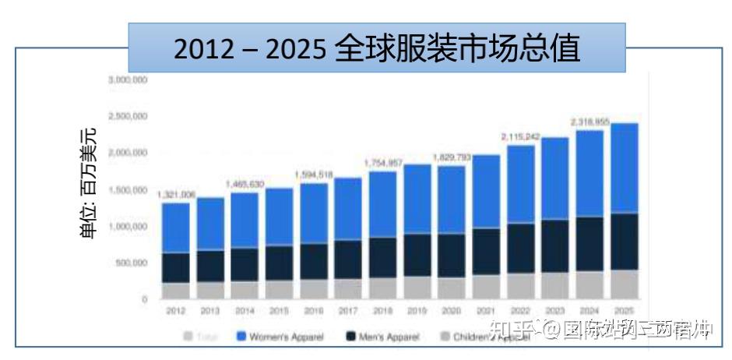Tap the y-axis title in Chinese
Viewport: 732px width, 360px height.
(90, 184)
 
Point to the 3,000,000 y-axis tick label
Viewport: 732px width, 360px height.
(128, 80)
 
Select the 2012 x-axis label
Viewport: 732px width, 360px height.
(176, 310)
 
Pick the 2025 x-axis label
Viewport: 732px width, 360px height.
(623, 310)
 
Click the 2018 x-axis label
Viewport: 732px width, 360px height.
(382, 310)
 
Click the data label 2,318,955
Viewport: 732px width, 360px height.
(590, 122)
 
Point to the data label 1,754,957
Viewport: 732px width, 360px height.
(383, 163)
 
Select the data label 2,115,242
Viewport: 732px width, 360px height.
(521, 136)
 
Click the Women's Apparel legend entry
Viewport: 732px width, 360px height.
(269, 337)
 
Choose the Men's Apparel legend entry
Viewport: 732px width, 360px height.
(377, 337)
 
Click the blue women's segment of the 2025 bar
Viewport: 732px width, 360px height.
(622, 168)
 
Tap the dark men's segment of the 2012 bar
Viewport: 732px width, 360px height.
(176, 267)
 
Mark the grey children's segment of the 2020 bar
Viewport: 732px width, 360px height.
(452, 288)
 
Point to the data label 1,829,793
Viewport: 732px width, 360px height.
(452, 157)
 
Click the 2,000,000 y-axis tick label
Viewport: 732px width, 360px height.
(128, 153)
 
